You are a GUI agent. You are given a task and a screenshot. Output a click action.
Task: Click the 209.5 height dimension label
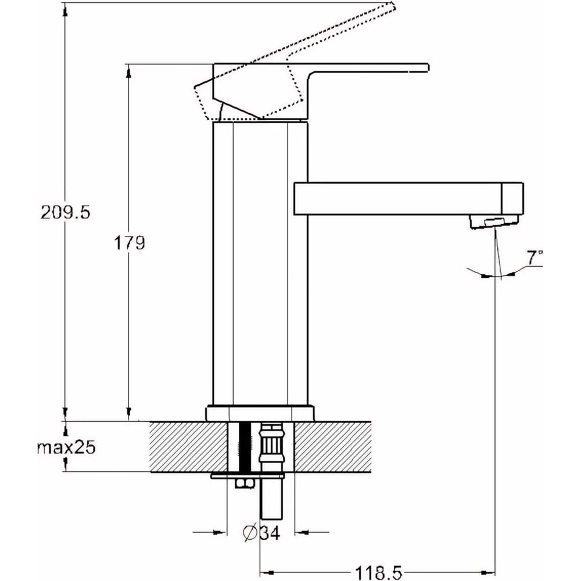pos(65,212)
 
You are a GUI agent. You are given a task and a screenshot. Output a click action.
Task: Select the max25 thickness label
pos(65,448)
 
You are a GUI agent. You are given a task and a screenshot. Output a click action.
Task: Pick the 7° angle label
pos(535,256)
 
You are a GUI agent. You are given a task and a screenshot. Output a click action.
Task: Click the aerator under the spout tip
pos(493,222)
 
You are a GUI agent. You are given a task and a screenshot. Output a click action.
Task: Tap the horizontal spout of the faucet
pos(407,199)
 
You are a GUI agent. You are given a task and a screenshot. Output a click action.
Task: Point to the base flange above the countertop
pos(260,413)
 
